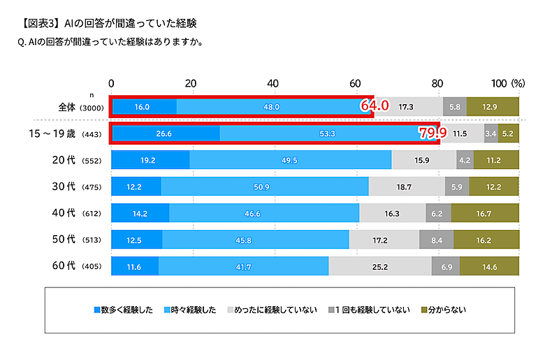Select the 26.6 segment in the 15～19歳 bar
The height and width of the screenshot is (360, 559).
point(166,133)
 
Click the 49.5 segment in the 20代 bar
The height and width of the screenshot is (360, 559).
point(291,159)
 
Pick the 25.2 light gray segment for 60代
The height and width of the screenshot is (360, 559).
point(380,266)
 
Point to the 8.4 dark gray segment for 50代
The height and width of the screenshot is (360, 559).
point(437,240)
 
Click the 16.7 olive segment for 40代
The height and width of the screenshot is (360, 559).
point(485,213)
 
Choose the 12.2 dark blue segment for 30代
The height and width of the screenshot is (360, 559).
point(136,187)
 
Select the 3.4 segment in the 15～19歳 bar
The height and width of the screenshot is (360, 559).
point(491,133)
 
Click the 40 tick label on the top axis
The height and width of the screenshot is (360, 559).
point(275,83)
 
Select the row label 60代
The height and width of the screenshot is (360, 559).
point(64,266)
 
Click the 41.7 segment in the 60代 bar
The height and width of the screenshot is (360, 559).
point(244,266)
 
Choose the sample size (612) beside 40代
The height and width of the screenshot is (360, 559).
point(93,213)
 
